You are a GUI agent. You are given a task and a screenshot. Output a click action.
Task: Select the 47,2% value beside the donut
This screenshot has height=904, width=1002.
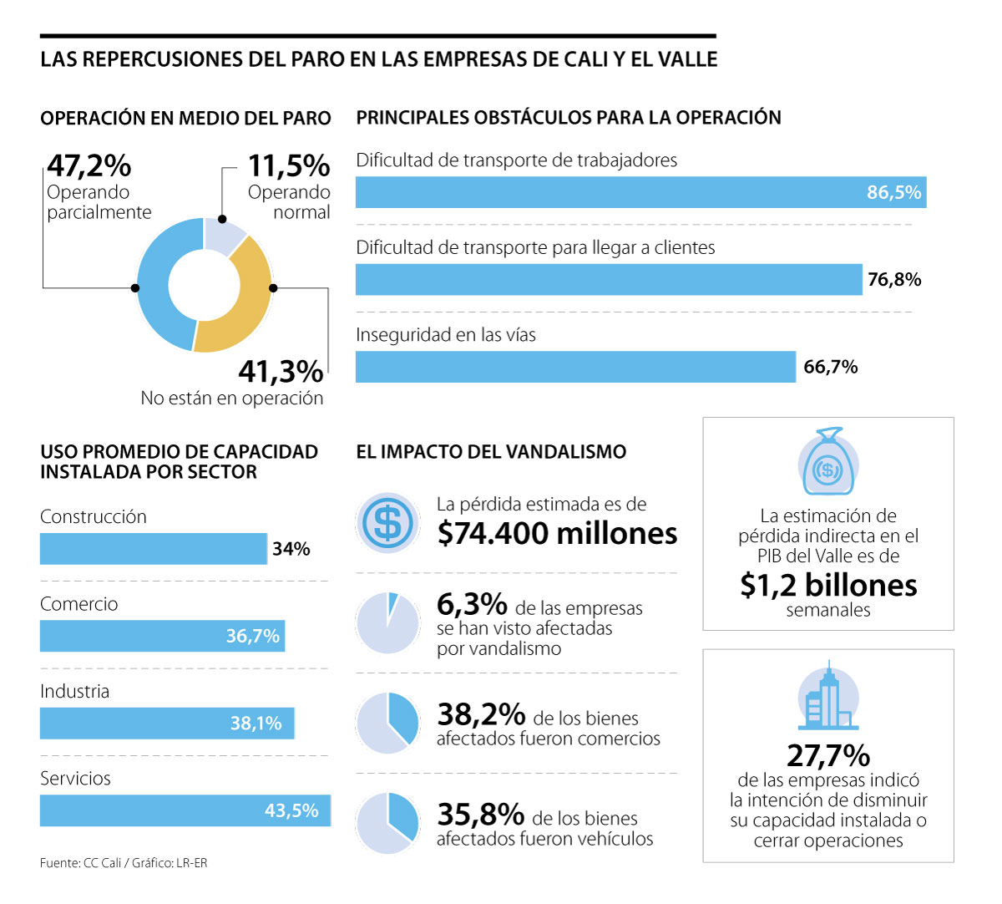[x=89, y=165]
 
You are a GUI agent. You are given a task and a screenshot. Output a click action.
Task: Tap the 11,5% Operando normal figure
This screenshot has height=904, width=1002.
[x=288, y=165]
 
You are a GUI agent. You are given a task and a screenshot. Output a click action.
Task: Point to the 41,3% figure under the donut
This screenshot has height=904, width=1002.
[x=281, y=370]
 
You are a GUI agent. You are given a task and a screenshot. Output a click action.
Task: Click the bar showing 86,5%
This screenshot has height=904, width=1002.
[x=640, y=192]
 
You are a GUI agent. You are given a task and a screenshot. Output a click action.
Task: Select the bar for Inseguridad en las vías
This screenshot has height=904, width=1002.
[x=575, y=367]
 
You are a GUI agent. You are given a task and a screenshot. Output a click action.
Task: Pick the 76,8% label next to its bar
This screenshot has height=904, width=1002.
[x=894, y=279]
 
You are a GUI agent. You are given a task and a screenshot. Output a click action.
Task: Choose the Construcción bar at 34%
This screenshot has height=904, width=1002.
[x=154, y=549]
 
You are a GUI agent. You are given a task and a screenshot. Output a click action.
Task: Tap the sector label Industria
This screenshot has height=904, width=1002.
[x=75, y=691]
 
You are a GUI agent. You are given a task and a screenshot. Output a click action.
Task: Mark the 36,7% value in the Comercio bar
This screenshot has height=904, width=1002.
[x=252, y=636]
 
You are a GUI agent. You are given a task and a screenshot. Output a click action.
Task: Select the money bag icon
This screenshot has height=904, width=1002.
[x=827, y=462]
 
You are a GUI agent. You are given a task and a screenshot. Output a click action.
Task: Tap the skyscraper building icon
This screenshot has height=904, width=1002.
[x=827, y=697]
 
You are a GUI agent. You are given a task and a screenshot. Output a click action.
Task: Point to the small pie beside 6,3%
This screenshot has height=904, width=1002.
[x=387, y=622]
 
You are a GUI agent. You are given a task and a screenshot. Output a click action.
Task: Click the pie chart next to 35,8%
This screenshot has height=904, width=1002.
[x=387, y=823]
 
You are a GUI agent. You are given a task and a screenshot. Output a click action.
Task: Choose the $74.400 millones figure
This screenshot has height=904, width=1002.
[x=557, y=533]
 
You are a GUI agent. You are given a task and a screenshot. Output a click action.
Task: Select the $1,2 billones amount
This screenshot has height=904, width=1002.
[x=828, y=585]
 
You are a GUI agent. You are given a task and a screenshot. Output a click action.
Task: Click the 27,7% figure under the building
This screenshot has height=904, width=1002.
[x=828, y=755]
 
